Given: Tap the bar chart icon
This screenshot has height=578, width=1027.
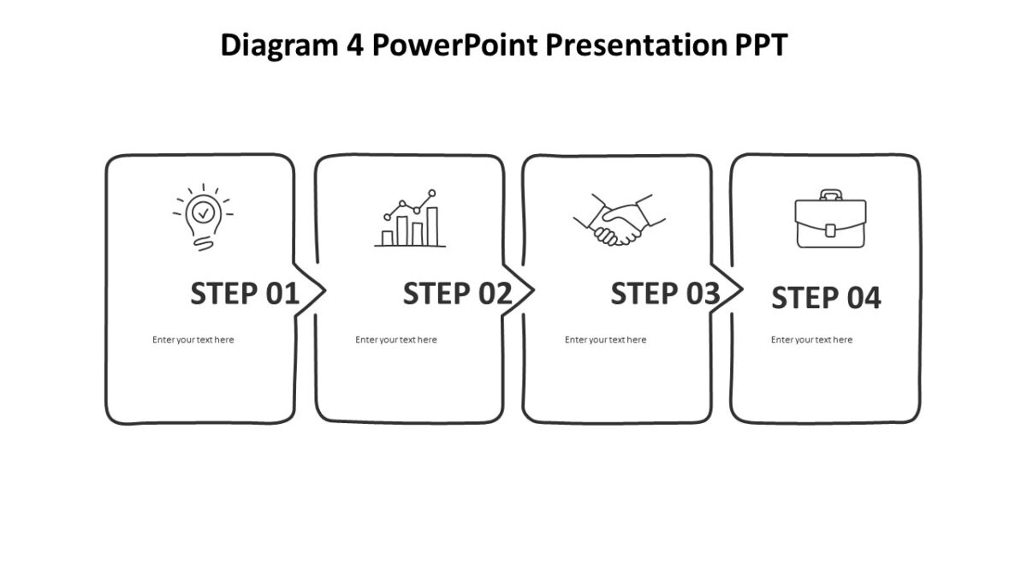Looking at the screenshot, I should click(410, 220).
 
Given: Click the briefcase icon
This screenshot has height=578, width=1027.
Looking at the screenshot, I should click(830, 220).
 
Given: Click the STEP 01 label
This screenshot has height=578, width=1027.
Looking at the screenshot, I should click(244, 294).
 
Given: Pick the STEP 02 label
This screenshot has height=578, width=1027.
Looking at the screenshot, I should click(457, 294).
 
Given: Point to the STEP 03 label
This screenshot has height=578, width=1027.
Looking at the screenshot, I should click(665, 294).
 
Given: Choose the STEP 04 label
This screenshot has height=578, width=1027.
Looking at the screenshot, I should click(826, 298).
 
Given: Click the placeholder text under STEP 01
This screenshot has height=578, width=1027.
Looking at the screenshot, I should click(193, 340).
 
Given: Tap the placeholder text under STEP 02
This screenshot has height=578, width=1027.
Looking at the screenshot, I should click(395, 340).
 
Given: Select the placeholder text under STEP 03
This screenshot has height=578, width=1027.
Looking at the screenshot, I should click(605, 340).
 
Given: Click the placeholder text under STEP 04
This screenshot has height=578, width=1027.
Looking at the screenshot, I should click(811, 340).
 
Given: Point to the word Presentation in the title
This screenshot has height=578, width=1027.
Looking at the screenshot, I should click(635, 45).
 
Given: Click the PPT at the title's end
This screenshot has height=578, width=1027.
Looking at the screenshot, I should click(759, 45).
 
